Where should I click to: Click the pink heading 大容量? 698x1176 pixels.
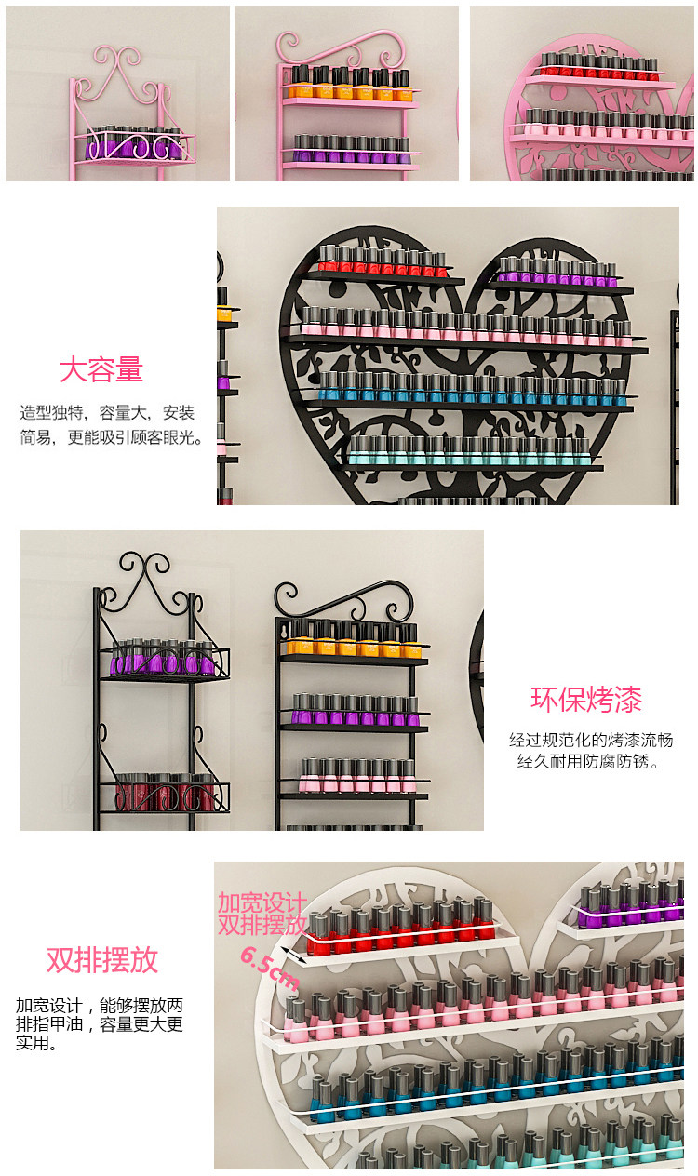(101, 369)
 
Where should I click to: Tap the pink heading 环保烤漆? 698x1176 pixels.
(586, 700)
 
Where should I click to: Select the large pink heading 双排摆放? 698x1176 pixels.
(101, 960)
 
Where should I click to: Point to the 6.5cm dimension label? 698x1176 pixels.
(270, 969)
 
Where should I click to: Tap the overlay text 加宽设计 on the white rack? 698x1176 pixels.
(262, 902)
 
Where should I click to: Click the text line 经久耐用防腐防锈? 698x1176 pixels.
(587, 761)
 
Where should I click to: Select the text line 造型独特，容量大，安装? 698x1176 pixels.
(107, 413)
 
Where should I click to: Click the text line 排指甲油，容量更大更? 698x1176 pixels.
(100, 1024)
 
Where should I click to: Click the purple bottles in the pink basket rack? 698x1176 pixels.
(134, 144)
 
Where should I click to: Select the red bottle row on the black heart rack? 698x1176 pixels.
(382, 261)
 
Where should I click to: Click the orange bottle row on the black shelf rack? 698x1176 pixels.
(352, 638)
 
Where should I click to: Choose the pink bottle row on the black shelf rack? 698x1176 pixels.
(357, 775)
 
